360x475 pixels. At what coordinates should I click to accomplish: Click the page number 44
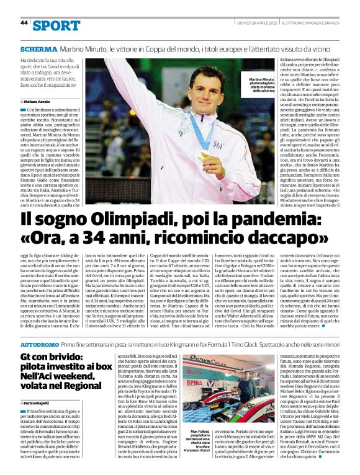click(x=24, y=23)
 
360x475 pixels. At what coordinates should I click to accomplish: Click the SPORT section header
click(x=57, y=25)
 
